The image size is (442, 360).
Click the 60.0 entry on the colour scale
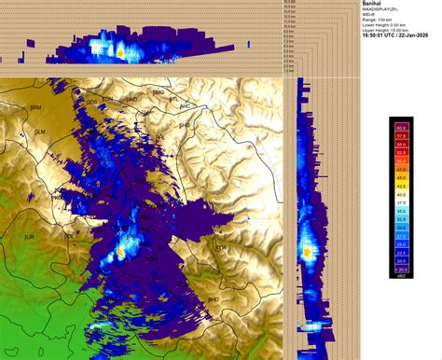click(x=400, y=125)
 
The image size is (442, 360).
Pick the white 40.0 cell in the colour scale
click(x=400, y=192)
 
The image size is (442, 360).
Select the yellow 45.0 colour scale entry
click(x=400, y=175)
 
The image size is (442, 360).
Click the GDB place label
click(x=91, y=102)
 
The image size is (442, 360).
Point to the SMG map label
click(x=158, y=92)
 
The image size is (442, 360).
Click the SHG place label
click(x=184, y=124)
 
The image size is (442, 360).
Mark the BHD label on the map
click(x=214, y=299)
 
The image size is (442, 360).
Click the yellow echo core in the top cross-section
click(x=120, y=52)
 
